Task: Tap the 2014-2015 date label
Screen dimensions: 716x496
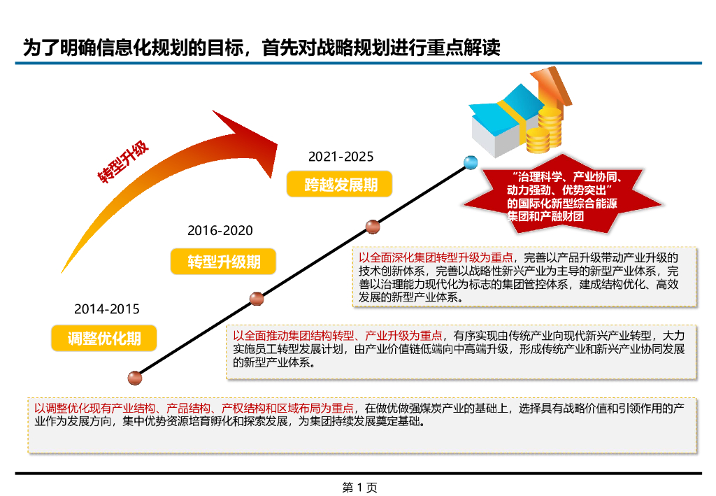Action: [107, 309]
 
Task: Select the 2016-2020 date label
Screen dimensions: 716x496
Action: [220, 230]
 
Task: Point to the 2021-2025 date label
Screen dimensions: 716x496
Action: [341, 156]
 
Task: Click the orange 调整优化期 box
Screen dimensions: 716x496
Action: [104, 339]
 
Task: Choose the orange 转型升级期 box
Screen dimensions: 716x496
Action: [224, 262]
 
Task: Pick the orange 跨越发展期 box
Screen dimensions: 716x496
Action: [341, 185]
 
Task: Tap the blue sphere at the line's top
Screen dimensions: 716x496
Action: [470, 163]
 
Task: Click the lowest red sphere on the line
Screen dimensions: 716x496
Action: [135, 378]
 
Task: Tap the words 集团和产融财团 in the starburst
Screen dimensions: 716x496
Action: [545, 217]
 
